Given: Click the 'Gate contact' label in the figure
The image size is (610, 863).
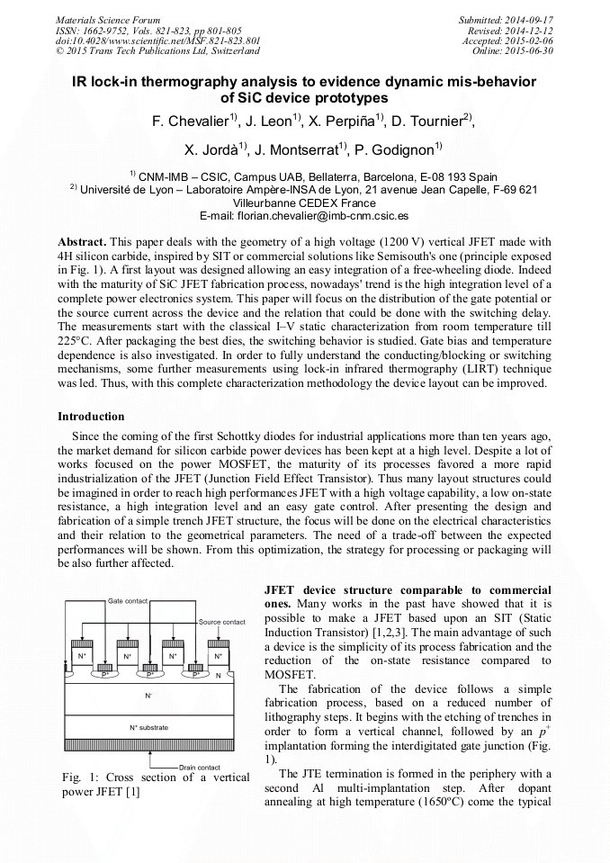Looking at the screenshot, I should [x=128, y=600].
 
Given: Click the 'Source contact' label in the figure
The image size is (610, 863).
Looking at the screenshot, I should [x=221, y=622].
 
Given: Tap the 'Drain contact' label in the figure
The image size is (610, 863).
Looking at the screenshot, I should [x=199, y=767].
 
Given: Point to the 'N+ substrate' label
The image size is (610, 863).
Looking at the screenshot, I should [x=149, y=727].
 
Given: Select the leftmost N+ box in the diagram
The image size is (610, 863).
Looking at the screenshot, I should [x=81, y=657].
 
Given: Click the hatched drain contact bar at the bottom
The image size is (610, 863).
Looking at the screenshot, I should [x=149, y=748].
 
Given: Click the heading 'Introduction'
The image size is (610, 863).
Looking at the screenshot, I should [x=91, y=417].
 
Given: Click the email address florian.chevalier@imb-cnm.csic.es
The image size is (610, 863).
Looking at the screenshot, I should [x=304, y=216].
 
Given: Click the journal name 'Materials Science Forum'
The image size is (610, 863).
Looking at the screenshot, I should [x=108, y=19].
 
